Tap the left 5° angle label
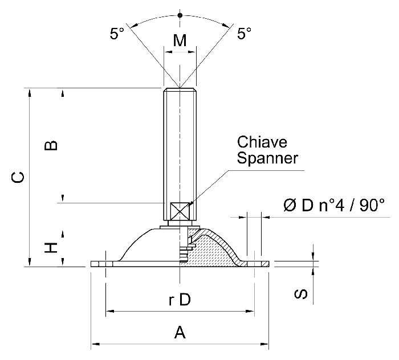pyautogui.click(x=117, y=34)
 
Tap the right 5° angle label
pyautogui.click(x=244, y=34)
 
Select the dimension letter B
pyautogui.click(x=51, y=145)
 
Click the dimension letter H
pyautogui.click(x=51, y=247)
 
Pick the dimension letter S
pyautogui.click(x=303, y=294)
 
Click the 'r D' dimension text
pyautogui.click(x=180, y=301)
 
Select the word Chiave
pyautogui.click(x=262, y=141)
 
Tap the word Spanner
pyautogui.click(x=267, y=158)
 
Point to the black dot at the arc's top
pyautogui.click(x=180, y=15)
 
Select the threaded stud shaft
pyautogui.click(x=180, y=148)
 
